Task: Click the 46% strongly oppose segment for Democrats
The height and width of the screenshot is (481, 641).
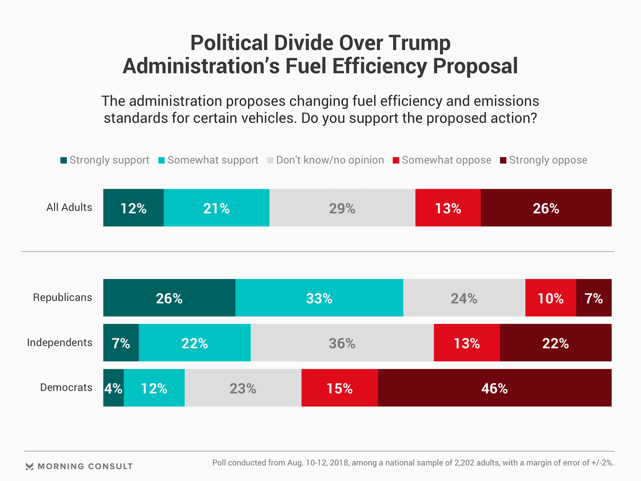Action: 494,388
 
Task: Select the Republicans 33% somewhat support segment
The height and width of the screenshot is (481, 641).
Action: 319,298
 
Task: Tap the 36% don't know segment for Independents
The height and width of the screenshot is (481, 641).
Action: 342,343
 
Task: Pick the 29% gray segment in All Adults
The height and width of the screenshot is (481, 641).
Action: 342,208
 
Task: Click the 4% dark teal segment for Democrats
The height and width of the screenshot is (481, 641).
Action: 114,388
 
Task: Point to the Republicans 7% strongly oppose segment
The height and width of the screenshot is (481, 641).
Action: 594,298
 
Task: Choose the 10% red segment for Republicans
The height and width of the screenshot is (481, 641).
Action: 551,298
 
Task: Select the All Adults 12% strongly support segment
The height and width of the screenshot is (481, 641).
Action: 133,208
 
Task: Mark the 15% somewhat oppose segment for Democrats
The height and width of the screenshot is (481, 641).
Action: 340,388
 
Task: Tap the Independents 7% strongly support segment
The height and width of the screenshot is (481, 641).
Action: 121,343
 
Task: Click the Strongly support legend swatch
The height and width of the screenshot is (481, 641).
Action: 64,160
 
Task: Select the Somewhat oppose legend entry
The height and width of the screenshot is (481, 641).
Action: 442,160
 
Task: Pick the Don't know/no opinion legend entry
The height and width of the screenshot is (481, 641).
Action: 326,160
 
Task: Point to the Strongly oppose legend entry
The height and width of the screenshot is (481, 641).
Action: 544,160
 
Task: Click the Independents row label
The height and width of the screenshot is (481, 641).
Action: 60,342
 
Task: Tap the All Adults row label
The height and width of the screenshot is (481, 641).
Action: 69,207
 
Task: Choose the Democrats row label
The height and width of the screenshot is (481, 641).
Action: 66,387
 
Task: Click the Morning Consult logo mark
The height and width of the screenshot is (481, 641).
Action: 29,466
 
